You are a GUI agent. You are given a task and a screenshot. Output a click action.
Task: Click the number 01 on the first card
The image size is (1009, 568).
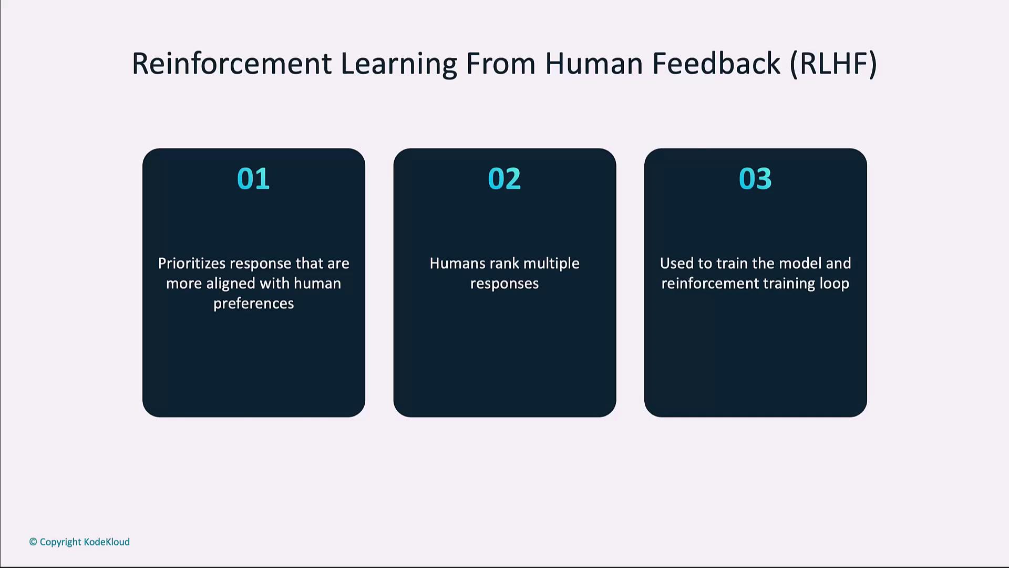point(253,178)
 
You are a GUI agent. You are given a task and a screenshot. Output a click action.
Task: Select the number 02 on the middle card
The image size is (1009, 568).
point(504,178)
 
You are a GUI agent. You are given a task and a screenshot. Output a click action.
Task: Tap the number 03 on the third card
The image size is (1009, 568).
point(755,178)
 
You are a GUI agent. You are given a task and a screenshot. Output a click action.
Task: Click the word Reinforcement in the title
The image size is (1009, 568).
point(231,64)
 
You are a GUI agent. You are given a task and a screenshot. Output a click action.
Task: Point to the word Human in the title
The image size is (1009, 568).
point(594,64)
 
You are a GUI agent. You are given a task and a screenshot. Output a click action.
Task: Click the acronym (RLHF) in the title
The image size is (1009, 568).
point(833,64)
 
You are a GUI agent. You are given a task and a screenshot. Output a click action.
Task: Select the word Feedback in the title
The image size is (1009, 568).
point(716,64)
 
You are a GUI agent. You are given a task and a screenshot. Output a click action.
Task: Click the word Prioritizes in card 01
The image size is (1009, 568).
point(191,263)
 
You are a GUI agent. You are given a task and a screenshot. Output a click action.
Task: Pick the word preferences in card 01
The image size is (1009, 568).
point(253,303)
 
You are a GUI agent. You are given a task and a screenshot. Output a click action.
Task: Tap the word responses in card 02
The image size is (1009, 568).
point(504,284)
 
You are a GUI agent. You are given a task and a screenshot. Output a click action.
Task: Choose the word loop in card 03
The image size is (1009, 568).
point(835,284)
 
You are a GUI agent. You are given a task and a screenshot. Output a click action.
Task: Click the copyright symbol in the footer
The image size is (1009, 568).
point(33,542)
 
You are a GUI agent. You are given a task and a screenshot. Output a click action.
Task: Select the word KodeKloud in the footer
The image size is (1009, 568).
point(107,542)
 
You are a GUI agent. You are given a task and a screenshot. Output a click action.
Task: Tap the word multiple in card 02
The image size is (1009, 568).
point(551,264)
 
